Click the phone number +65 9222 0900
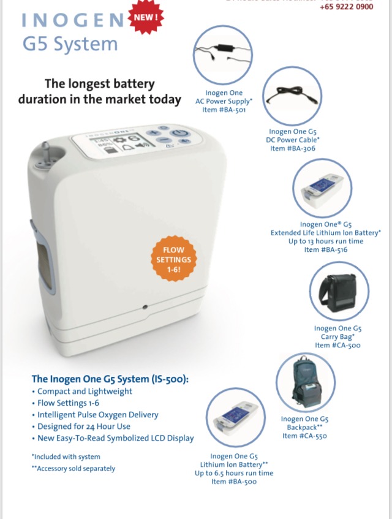coord(346,7)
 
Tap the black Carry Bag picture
coord(339,292)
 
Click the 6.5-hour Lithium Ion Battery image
coord(235,417)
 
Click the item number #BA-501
coord(224,110)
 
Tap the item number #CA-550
coord(304,436)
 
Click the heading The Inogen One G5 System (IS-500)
coord(110,379)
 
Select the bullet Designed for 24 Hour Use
coord(83,426)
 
